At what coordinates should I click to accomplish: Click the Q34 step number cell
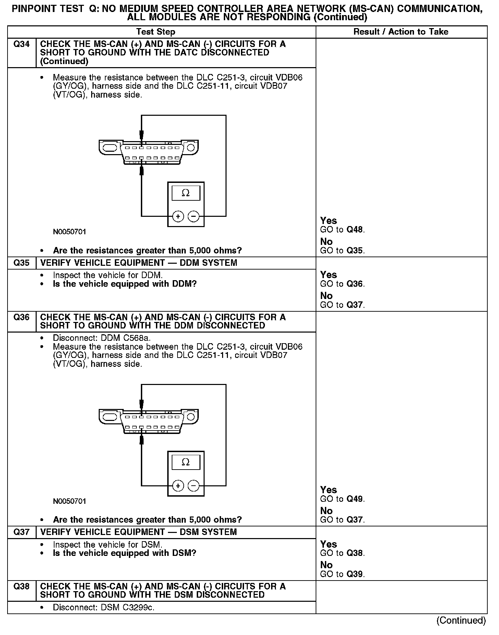pos(21,44)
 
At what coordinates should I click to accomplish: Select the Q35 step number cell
pos(21,263)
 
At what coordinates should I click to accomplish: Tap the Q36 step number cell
pos(21,317)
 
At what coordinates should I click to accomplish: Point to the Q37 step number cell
pos(21,532)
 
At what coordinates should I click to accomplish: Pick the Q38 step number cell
pos(21,586)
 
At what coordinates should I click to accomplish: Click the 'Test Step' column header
pos(156,32)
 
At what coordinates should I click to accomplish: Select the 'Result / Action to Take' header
pos(401,32)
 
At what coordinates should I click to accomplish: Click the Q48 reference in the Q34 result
pos(355,229)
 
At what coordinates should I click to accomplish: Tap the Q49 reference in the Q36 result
pos(355,499)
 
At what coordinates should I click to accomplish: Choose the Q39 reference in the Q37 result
pos(355,574)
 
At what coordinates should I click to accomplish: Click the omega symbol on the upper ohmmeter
pos(185,193)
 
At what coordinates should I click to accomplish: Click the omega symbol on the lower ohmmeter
pos(185,462)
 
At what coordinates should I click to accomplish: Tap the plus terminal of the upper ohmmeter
pos(178,216)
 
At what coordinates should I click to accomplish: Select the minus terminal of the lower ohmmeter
pos(194,486)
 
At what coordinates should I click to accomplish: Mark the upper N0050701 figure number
pos(70,232)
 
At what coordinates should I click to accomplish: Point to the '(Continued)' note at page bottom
pos(461,620)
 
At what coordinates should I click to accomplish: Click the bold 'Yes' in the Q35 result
pos(328,275)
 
